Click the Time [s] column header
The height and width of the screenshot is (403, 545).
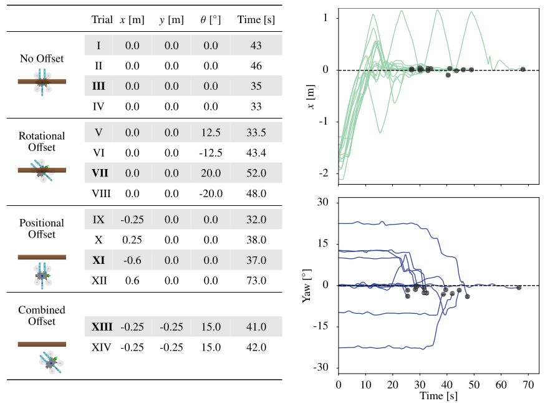point(256,19)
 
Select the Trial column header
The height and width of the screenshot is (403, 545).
point(102,19)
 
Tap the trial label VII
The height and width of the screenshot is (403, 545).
point(100,172)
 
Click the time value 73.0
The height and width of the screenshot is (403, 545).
point(256,281)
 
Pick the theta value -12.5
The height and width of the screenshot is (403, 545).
point(211,153)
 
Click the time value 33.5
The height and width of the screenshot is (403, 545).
point(256,132)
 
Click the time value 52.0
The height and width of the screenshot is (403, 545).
point(256,172)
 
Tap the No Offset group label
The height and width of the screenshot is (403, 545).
point(42,59)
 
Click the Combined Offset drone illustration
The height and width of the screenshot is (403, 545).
point(50,362)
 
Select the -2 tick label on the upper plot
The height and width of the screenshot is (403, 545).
point(325,172)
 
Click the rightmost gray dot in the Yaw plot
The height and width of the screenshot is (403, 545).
point(519,288)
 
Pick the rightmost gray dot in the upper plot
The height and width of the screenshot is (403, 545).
point(523,69)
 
